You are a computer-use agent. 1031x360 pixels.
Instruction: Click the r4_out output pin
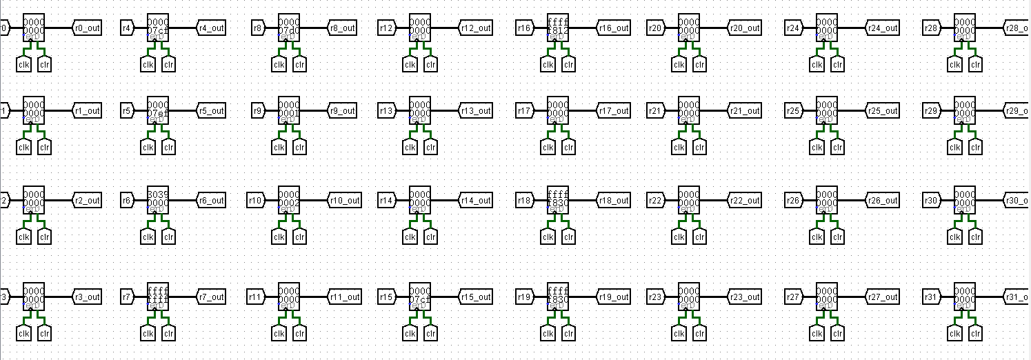[x=211, y=28]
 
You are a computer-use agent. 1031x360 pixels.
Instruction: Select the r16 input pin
[x=524, y=28]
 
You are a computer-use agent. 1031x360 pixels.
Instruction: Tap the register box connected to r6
[x=158, y=200]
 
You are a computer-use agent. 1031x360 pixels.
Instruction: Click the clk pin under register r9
[x=279, y=147]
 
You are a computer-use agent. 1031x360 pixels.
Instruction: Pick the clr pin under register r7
[x=168, y=334]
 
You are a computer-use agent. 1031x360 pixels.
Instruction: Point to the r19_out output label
[x=613, y=297]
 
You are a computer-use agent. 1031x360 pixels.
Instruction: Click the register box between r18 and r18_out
[x=558, y=200]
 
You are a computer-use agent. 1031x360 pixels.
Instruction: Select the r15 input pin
[x=387, y=297]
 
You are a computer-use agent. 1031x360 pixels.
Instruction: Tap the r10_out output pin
[x=344, y=201]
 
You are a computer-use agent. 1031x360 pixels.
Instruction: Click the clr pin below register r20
[x=699, y=65]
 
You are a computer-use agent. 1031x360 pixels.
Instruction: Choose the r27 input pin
[x=794, y=297]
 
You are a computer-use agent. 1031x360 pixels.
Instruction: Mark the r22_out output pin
[x=744, y=201]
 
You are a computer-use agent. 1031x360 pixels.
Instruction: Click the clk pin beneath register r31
[x=954, y=334]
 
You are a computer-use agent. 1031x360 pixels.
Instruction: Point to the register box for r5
[x=158, y=110]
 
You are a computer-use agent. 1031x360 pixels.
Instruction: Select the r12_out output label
[x=475, y=28]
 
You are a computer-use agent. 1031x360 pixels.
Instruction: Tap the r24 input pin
[x=794, y=28]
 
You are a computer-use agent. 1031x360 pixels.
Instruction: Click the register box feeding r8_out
[x=289, y=28]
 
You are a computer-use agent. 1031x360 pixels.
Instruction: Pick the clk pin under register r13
[x=410, y=147]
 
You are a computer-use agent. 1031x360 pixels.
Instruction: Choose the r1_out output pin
[x=87, y=111]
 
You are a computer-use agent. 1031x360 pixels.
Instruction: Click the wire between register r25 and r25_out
[x=851, y=111]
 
